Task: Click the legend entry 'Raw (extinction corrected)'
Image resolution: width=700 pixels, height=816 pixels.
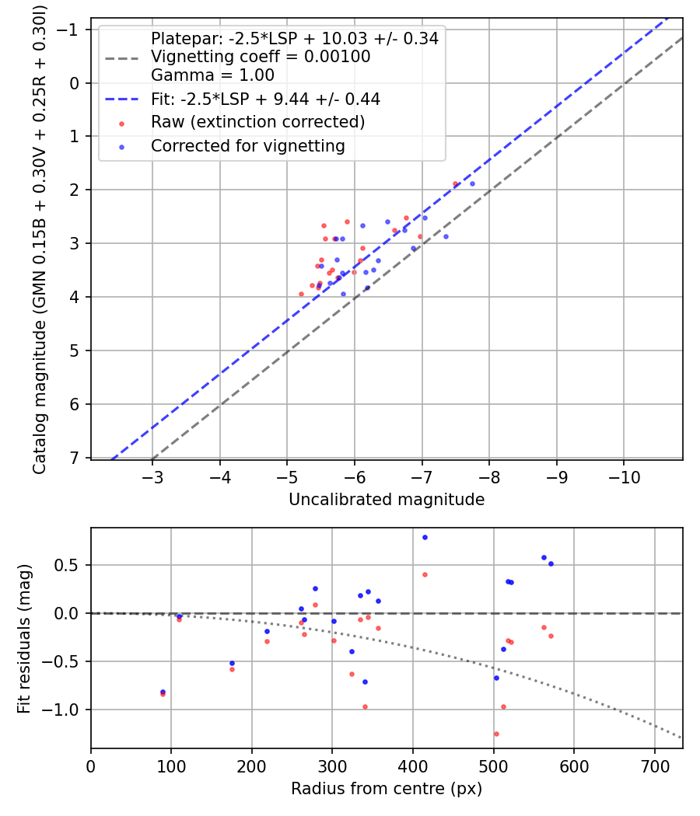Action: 257,122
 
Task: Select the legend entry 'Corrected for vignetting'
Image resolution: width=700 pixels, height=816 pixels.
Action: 247,145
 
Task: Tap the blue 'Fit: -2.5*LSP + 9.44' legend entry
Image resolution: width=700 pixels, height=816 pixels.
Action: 265,99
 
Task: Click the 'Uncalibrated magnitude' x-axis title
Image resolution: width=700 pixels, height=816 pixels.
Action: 387,500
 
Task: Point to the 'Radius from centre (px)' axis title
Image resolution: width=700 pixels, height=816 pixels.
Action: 387,789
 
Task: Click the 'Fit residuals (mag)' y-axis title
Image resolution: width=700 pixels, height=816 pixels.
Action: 24,639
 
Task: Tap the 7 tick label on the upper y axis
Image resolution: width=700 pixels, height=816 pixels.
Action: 75,457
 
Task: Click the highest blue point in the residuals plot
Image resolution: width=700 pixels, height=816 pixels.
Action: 425,537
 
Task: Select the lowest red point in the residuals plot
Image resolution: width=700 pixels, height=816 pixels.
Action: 495,734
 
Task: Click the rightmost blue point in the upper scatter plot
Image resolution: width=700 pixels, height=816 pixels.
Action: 472,183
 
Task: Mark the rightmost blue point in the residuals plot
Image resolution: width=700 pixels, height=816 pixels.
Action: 551,563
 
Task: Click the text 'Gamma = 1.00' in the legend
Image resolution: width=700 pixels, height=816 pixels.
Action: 212,75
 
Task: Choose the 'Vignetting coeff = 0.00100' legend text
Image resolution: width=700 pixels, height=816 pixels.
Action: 261,57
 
